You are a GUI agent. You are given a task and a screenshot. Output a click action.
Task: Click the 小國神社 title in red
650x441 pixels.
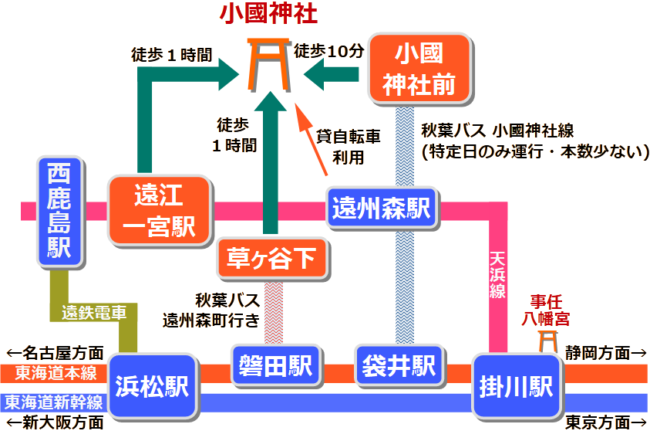point(269,14)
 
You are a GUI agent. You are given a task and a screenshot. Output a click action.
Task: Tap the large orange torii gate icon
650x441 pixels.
point(269,63)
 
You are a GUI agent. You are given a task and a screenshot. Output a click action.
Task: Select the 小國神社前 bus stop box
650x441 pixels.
point(419,68)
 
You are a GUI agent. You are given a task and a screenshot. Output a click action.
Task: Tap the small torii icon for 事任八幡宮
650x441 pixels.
point(547,340)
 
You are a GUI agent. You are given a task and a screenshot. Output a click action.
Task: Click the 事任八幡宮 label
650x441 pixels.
point(546,309)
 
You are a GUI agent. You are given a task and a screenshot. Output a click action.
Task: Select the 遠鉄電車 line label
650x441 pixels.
point(94,313)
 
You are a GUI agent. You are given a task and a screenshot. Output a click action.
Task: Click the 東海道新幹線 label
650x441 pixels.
point(52,402)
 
